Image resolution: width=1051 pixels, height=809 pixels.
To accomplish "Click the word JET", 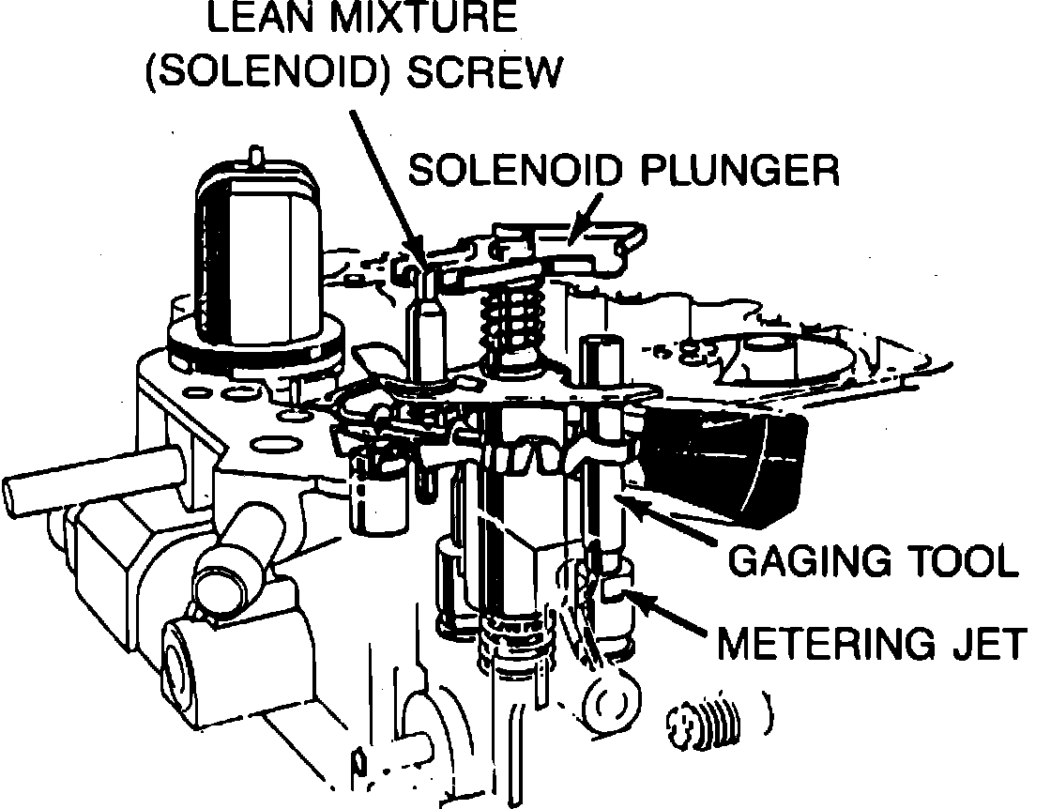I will (x=994, y=645).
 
